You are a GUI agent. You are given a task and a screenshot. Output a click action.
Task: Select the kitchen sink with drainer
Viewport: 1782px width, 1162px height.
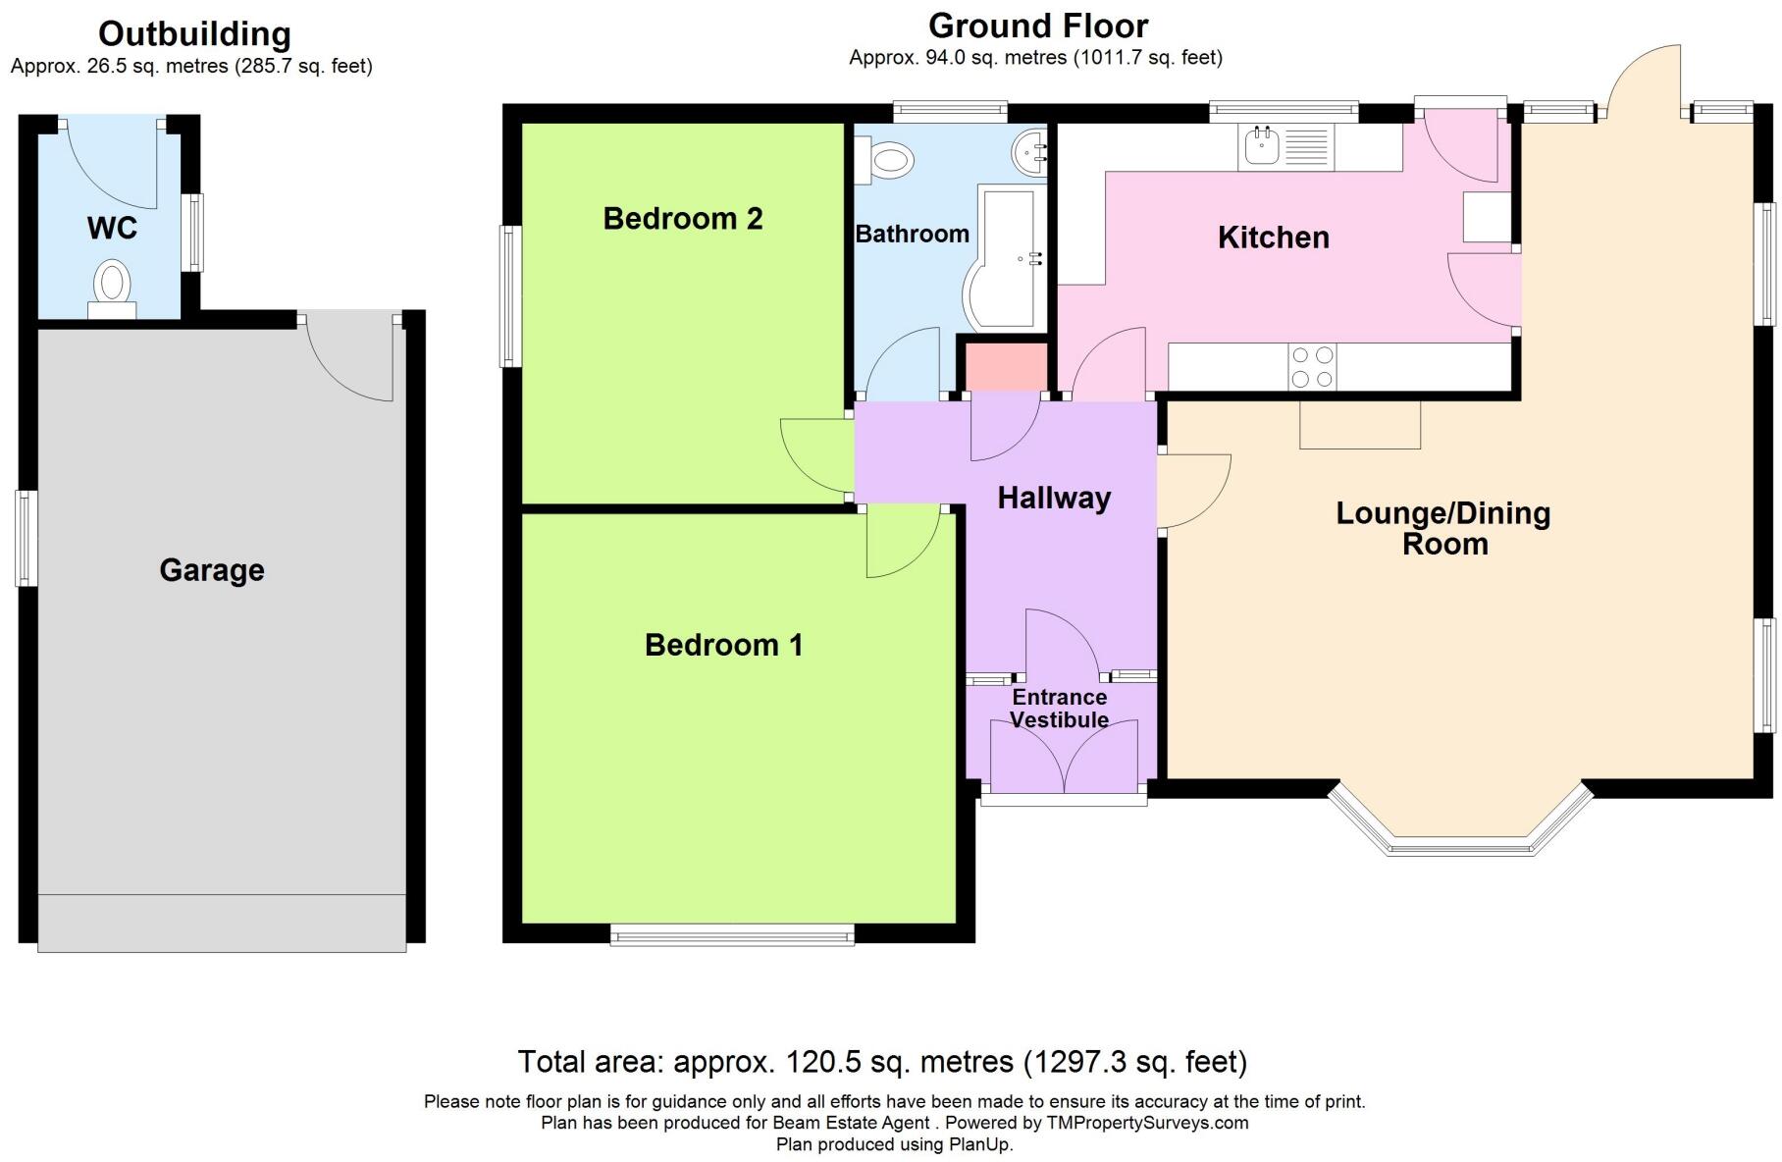tap(1285, 147)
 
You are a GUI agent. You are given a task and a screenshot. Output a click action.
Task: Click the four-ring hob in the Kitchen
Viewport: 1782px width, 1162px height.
tap(1311, 367)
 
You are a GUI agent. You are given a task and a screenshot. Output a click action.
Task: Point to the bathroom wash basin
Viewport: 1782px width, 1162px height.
tap(1029, 153)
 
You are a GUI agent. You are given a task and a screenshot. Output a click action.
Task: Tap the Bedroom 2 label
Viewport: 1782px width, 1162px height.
tap(682, 218)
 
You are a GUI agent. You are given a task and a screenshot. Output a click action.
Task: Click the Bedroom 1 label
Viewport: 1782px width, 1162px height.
tap(723, 645)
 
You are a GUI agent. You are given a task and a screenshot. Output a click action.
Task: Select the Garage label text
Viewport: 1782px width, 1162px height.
tap(212, 570)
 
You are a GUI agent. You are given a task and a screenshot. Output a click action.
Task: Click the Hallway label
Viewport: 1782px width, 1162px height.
tap(1054, 498)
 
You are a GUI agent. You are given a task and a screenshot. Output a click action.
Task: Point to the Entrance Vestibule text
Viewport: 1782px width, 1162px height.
tap(1059, 708)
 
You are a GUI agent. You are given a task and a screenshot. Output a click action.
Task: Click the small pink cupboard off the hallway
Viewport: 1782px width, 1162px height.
tap(1007, 366)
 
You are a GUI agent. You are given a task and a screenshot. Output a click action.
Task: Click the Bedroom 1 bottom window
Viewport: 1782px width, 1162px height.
tap(732, 935)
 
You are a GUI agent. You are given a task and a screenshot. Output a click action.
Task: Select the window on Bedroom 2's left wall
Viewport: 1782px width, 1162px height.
tap(510, 296)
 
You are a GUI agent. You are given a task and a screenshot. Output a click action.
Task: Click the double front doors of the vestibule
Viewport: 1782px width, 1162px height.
tap(1064, 761)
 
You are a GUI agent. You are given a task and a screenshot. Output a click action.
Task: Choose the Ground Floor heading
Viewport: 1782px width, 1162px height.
tap(1037, 26)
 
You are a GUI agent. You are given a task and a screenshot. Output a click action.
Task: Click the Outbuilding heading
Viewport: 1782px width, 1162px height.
tap(194, 33)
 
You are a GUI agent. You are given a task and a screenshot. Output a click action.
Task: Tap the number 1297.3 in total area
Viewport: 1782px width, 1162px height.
tap(1069, 1062)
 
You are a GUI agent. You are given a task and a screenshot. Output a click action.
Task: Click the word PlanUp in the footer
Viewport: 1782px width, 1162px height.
tap(978, 1144)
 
